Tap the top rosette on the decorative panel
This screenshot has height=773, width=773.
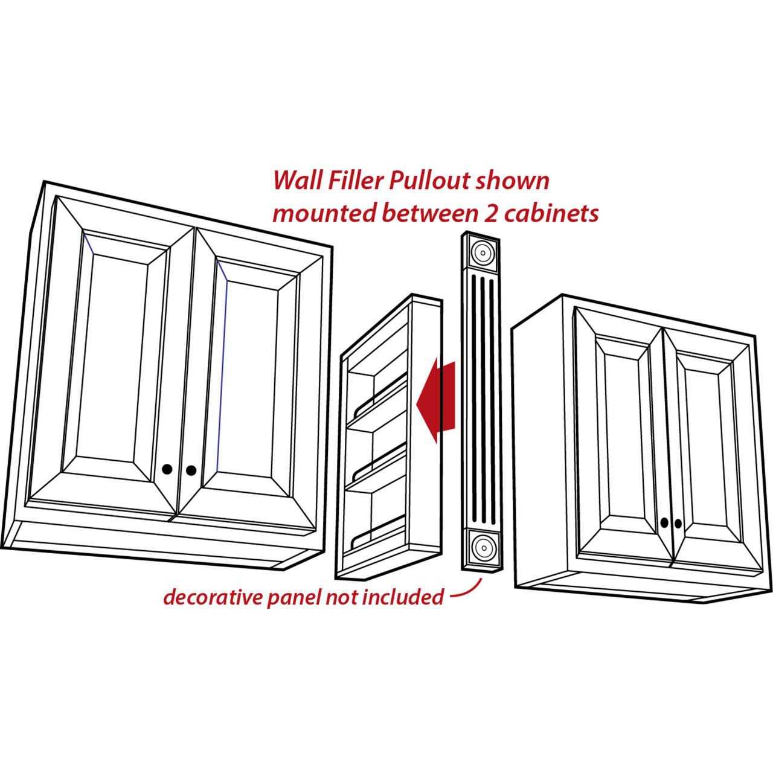(482, 252)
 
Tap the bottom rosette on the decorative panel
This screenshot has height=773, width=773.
(482, 548)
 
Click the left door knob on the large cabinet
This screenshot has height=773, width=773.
(167, 469)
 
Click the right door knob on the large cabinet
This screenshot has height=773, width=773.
(191, 470)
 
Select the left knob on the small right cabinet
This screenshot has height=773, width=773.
(664, 522)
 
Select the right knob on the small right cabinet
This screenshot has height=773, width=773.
(678, 523)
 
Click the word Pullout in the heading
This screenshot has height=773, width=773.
(432, 181)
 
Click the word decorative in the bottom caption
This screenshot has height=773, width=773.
(213, 598)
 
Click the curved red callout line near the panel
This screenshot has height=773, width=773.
(469, 591)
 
